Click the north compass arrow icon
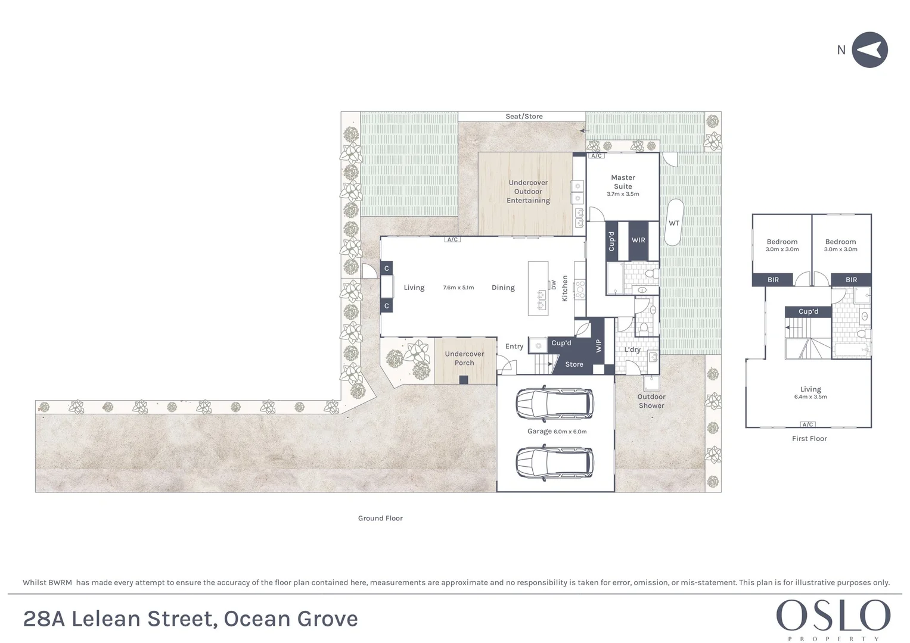coord(869,49)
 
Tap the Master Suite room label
coord(623,182)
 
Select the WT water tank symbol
coord(674,223)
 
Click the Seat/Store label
coord(524,117)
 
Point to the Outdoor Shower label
coord(651,401)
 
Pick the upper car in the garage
coord(555,404)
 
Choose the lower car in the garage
coord(555,463)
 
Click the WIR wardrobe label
coord(638,240)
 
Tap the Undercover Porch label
coord(464,358)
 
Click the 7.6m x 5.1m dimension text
coord(458,288)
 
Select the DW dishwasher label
coord(553,285)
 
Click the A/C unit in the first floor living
coord(807,424)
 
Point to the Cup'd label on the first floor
coord(809,311)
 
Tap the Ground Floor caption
coord(380,519)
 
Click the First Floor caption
coord(809,439)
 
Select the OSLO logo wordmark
coord(833,616)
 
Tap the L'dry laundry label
coord(632,349)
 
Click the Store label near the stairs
coord(574,364)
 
